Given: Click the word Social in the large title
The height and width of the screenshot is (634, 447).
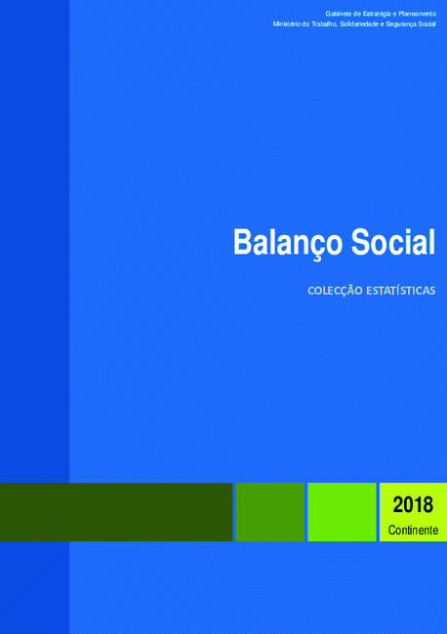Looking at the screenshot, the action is (x=393, y=242).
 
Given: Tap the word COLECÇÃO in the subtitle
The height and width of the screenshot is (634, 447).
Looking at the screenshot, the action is (x=335, y=291).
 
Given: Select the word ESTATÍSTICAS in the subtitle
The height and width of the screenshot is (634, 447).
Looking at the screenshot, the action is (x=401, y=291).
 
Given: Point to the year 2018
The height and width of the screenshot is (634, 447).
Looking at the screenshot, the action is (x=413, y=505).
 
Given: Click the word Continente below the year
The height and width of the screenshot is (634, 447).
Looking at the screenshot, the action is (x=413, y=530).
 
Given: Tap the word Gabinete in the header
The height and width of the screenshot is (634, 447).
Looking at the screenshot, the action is (x=339, y=14).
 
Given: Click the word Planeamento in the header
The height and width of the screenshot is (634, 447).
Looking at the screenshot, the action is (x=417, y=14).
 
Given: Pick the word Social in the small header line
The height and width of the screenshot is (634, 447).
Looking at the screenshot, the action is (x=427, y=24).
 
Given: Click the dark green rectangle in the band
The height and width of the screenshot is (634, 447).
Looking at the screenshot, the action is (x=116, y=512).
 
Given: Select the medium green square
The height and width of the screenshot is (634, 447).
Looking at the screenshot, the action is (x=269, y=512).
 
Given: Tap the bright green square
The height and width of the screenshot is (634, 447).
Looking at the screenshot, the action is (x=342, y=512).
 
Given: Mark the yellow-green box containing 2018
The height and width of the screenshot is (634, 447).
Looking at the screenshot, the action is (x=413, y=512).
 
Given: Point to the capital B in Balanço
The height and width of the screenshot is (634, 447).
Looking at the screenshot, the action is (x=242, y=242).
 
